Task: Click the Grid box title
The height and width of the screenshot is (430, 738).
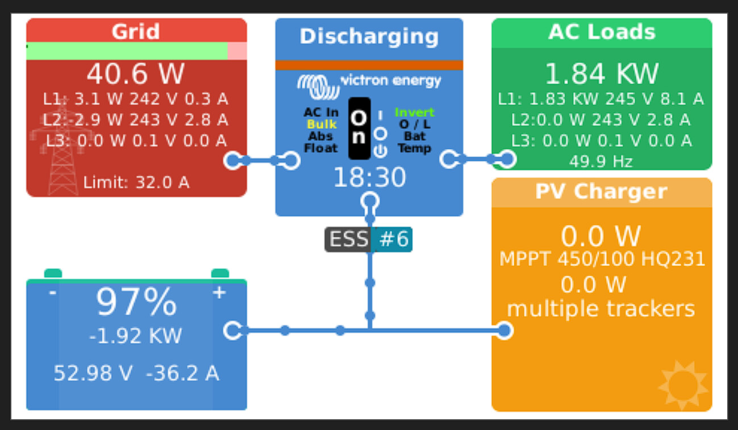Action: tap(136, 31)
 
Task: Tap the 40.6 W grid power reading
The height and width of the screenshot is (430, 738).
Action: tap(136, 74)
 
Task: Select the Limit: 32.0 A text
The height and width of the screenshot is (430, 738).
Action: tap(136, 182)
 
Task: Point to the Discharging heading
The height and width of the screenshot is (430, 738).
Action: tap(369, 36)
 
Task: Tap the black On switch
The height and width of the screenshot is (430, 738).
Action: tap(359, 128)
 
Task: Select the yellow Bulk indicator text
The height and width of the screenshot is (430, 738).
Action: tap(322, 124)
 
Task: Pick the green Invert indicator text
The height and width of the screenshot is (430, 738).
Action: tap(414, 112)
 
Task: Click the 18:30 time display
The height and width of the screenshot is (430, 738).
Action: tap(369, 178)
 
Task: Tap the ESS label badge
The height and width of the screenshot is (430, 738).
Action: tap(348, 239)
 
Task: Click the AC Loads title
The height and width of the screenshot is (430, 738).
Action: tap(602, 32)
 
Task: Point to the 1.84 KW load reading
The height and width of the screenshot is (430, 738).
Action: tap(602, 74)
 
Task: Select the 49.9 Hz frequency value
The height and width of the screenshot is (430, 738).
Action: tap(601, 162)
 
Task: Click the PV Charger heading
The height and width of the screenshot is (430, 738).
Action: tap(601, 192)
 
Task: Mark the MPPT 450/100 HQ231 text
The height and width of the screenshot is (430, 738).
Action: tap(602, 260)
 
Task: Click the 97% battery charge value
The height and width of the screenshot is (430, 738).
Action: tap(136, 303)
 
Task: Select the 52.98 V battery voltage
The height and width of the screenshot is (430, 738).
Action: tap(93, 374)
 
